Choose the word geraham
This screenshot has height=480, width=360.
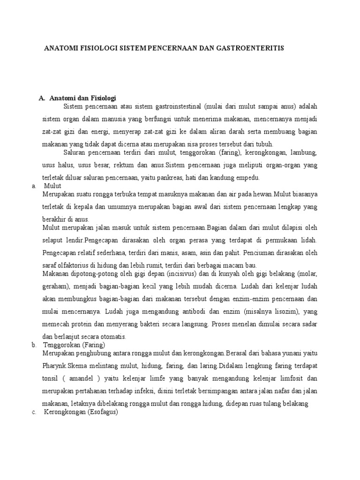pos(55,286)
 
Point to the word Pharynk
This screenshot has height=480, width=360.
pos(55,365)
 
